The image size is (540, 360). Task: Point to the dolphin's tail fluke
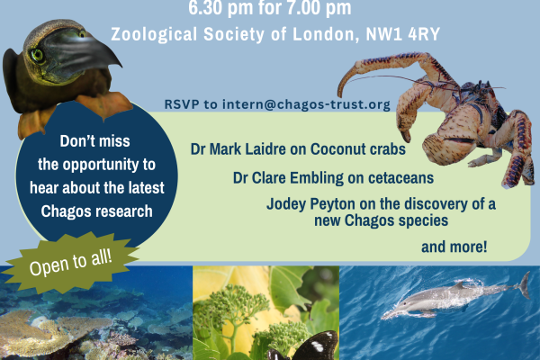[521, 285]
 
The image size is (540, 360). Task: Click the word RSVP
[182, 104]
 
